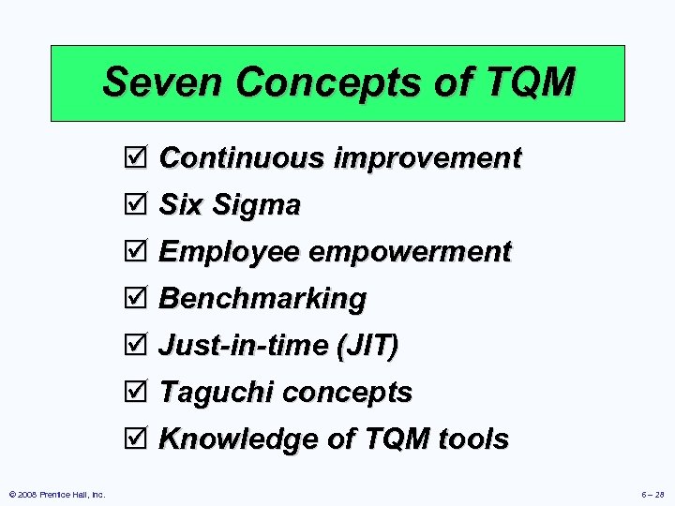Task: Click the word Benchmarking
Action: (262, 299)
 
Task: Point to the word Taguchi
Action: (217, 392)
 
